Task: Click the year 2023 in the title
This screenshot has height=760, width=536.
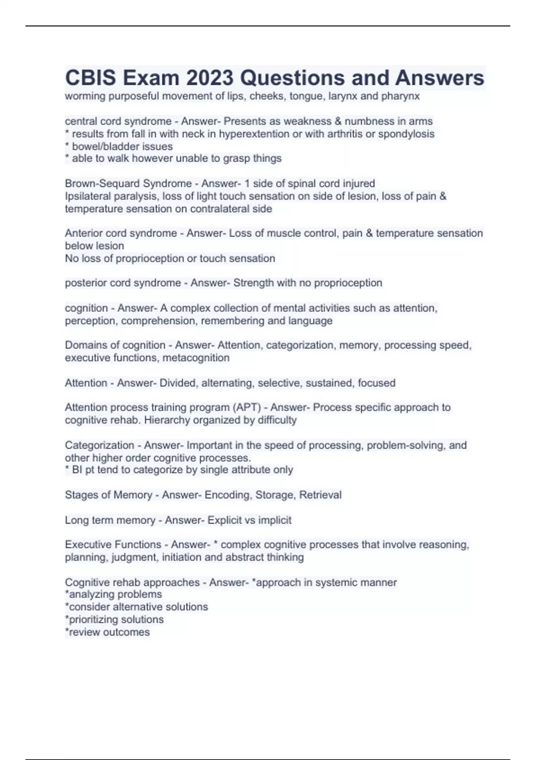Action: (210, 78)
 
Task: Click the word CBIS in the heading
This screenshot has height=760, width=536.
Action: (91, 78)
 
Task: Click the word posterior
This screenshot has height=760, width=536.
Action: (85, 283)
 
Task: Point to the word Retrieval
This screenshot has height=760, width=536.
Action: (320, 495)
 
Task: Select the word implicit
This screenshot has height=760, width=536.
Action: (275, 520)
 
